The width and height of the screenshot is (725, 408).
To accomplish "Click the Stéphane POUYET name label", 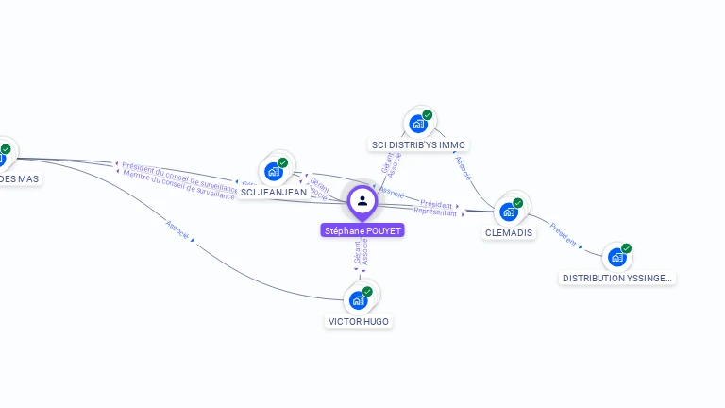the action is click(362, 230).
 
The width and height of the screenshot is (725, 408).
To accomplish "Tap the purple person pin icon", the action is click(362, 200).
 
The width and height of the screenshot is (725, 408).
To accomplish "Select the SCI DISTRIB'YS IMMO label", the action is click(418, 145).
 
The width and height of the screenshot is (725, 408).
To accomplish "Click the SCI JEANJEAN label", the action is click(274, 192).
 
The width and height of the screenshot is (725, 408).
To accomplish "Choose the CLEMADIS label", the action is click(509, 233).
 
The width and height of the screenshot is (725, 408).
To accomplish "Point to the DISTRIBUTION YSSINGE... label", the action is click(617, 279).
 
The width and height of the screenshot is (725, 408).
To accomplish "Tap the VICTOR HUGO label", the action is click(359, 322).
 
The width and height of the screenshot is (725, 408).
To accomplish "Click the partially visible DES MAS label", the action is click(19, 178).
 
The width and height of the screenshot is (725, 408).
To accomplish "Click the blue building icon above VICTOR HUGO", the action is click(358, 300).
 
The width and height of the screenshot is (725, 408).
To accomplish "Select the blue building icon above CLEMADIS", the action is click(509, 212).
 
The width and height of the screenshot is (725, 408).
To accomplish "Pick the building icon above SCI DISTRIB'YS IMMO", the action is click(418, 124).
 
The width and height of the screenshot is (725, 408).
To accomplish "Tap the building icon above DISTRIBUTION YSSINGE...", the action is click(616, 257).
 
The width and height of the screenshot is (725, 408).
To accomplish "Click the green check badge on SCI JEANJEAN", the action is click(282, 162).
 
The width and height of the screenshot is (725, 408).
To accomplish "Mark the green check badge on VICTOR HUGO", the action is click(367, 292).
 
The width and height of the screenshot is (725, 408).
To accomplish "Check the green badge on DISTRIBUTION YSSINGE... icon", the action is click(626, 248).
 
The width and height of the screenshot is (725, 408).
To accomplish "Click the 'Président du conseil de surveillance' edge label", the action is click(180, 173).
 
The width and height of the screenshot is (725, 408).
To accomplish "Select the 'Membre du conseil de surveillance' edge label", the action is click(178, 184).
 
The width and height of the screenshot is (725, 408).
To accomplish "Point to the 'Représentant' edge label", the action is click(435, 212).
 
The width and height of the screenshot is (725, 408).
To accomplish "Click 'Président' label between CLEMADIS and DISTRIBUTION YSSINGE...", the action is click(564, 235).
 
